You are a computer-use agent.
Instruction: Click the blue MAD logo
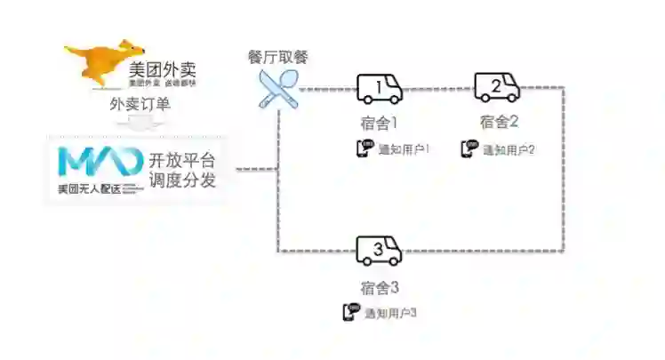pyautogui.click(x=99, y=162)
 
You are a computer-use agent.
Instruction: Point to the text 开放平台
pyautogui.click(x=181, y=161)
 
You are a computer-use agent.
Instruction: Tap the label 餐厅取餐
pyautogui.click(x=278, y=58)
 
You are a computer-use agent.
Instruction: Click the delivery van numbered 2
pyautogui.click(x=497, y=87)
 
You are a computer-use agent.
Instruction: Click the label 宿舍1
pyautogui.click(x=380, y=121)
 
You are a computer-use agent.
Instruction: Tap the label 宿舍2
pyautogui.click(x=498, y=121)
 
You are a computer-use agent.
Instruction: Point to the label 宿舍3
pyautogui.click(x=380, y=287)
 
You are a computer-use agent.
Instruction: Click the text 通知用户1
pyautogui.click(x=405, y=149)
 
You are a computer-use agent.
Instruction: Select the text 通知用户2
pyautogui.click(x=509, y=149)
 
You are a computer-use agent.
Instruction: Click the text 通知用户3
pyautogui.click(x=390, y=313)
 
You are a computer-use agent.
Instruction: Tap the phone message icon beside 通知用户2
pyautogui.click(x=469, y=148)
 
